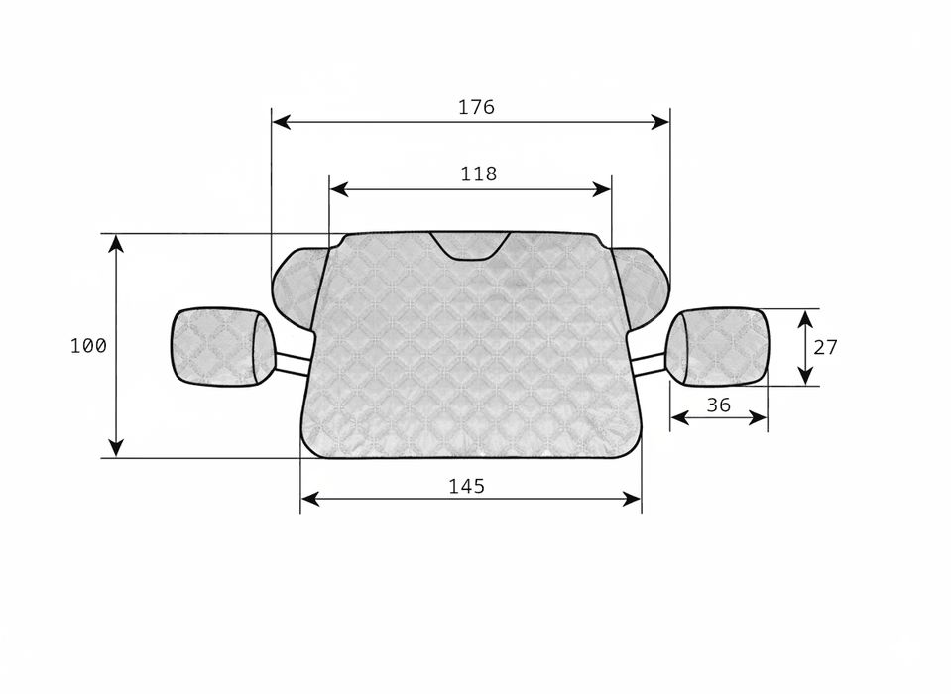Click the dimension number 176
(x=476, y=107)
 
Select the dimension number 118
(x=479, y=173)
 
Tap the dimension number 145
(x=466, y=486)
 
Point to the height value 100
(x=88, y=346)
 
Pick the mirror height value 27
(x=825, y=347)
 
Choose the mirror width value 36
(x=719, y=405)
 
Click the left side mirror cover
(x=223, y=347)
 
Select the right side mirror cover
(x=718, y=347)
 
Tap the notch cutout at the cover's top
(x=470, y=247)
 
